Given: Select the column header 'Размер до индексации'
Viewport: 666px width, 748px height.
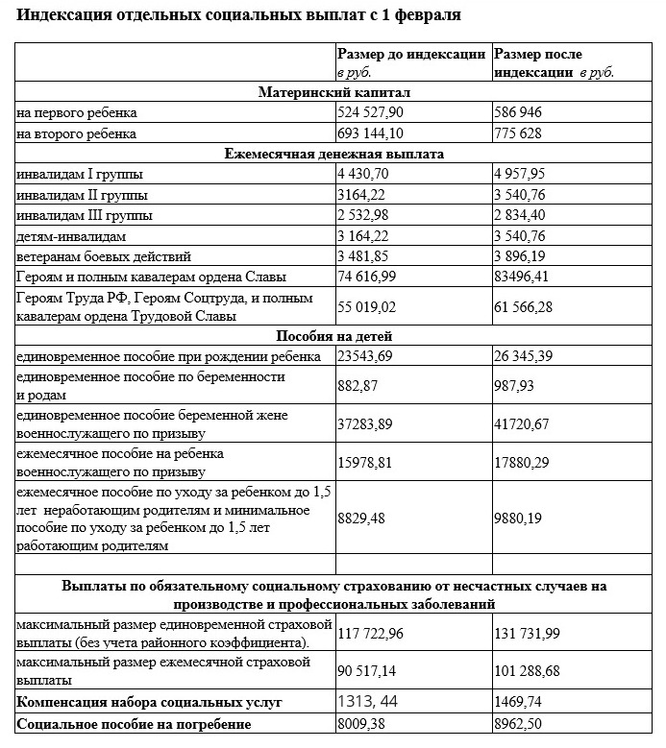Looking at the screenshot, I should coord(411,55).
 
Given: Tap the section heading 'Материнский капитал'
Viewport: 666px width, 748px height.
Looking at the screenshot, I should coord(334,92).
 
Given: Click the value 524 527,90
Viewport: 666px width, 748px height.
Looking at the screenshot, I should coord(370,113).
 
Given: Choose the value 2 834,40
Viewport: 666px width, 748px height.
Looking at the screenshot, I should coord(527,216).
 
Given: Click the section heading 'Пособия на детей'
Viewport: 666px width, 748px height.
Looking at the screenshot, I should coord(333,336).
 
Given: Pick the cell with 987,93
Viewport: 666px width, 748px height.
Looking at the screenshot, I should coord(519,386).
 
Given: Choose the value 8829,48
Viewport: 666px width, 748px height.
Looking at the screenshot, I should coord(362,519).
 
